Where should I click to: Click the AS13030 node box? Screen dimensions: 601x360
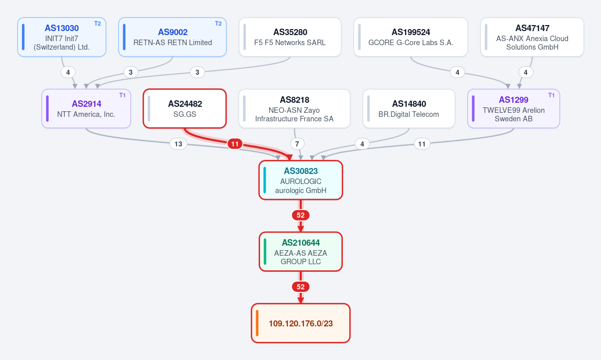(62, 37)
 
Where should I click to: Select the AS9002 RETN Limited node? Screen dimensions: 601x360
(172, 37)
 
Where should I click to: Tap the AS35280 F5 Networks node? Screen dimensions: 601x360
(290, 37)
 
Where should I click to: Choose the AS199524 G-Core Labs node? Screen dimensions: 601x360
(411, 37)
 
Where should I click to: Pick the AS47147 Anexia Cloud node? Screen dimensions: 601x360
(532, 37)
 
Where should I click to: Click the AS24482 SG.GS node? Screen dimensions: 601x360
(185, 108)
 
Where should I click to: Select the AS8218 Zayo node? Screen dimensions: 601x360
(294, 108)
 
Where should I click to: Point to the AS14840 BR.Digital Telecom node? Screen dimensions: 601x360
(409, 108)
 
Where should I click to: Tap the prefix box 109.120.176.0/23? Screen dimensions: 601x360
(301, 323)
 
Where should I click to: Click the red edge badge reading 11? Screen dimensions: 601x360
(235, 144)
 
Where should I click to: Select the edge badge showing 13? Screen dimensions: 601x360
(178, 144)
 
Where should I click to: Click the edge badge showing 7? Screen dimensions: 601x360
(297, 144)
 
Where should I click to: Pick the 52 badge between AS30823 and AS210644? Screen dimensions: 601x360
(301, 215)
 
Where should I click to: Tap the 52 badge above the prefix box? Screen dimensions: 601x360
(301, 287)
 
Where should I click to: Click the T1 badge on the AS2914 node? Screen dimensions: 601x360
(122, 95)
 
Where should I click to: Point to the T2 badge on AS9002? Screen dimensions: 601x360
(218, 24)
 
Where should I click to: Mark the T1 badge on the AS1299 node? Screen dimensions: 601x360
(551, 95)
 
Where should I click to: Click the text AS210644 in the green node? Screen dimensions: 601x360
(301, 243)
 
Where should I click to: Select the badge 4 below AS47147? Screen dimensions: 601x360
(525, 72)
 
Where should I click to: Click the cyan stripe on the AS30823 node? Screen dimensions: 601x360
(265, 180)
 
